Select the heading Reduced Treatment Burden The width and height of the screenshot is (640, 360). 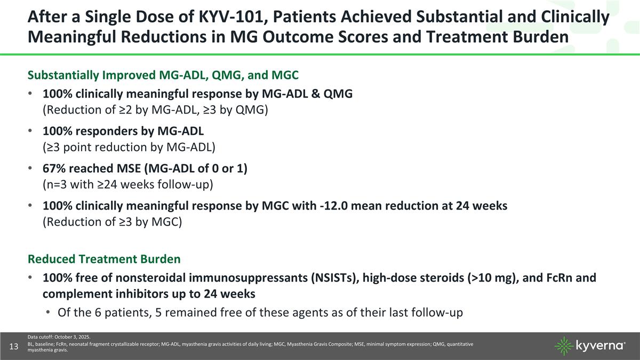104,259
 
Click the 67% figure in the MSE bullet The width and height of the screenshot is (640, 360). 55,168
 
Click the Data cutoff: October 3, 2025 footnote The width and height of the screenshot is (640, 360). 59,337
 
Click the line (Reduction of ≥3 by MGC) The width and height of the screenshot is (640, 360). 113,221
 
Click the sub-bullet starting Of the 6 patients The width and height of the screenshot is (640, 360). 260,312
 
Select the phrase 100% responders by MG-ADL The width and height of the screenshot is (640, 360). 123,131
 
